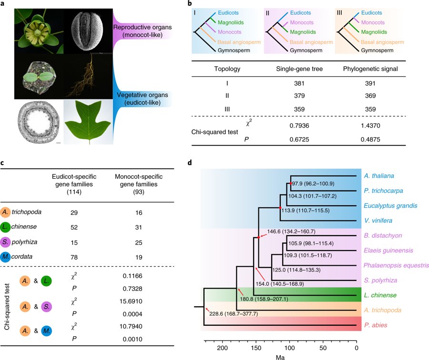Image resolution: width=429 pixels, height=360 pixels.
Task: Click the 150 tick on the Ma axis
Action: point(256,347)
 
